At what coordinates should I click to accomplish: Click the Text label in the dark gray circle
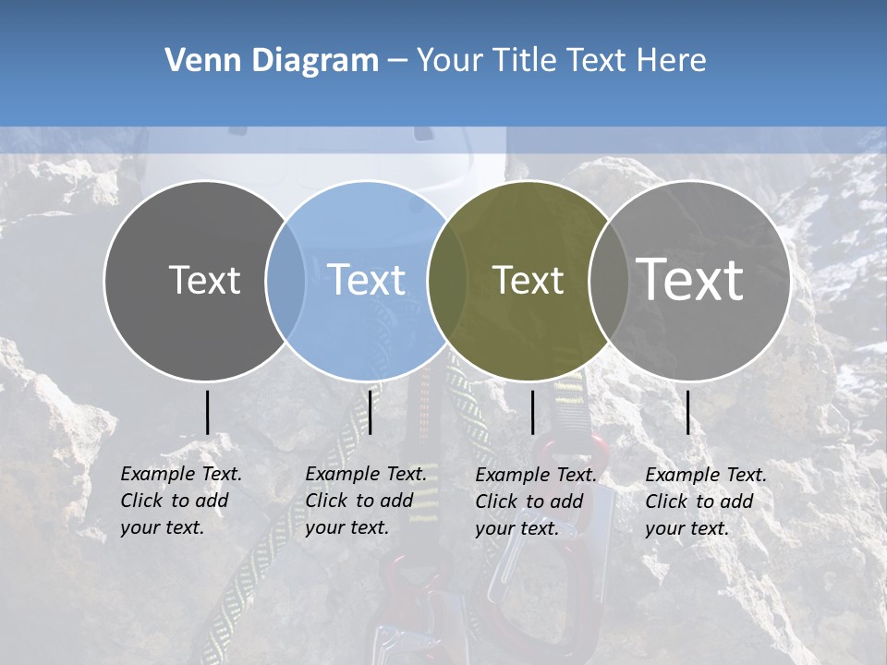[204, 280]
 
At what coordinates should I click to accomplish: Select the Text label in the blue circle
[367, 280]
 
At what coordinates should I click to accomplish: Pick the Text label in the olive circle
[528, 280]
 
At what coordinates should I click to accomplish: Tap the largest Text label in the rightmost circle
[690, 280]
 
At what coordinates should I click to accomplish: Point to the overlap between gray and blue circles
[286, 280]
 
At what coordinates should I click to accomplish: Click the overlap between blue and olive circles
[447, 280]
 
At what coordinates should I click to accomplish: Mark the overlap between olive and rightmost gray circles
[609, 280]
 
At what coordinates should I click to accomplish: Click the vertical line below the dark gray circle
[208, 412]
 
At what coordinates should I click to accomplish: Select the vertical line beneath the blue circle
[370, 412]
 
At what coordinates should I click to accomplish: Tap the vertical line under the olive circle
[532, 412]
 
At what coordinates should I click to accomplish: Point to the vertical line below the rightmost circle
[688, 412]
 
